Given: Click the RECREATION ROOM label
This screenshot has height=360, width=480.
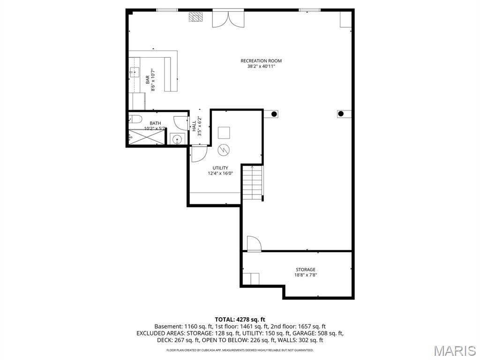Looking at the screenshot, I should (x=261, y=61).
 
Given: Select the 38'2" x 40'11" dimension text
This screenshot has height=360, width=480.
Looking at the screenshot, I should (x=261, y=67).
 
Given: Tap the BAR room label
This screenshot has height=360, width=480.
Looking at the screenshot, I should (x=147, y=80).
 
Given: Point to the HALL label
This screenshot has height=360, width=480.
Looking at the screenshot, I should (x=194, y=126).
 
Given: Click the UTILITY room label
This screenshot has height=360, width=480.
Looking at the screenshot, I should (x=220, y=168).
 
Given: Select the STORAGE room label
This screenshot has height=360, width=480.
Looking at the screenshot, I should (x=305, y=270).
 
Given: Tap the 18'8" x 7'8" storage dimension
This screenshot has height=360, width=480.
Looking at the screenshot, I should (x=305, y=275).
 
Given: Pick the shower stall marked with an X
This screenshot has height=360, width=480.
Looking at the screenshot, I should (x=146, y=137).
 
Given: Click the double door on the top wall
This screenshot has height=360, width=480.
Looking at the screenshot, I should (x=228, y=18).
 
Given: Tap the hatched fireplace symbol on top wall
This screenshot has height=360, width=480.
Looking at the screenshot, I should (x=196, y=17).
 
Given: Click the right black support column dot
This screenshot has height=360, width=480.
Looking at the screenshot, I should (x=341, y=113).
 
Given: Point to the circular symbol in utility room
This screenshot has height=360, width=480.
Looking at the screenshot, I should (x=224, y=150).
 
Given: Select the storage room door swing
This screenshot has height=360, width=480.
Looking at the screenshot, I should (x=253, y=243).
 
